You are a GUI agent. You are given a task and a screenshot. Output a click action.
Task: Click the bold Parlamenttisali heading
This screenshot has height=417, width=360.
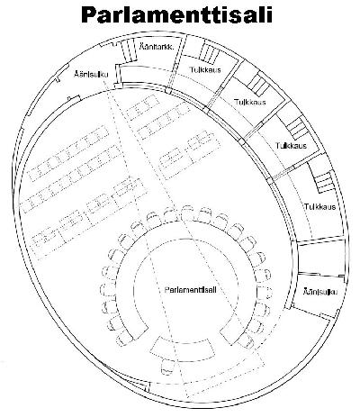(176, 14)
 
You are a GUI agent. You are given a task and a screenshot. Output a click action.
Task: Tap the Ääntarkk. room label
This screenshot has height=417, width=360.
(157, 47)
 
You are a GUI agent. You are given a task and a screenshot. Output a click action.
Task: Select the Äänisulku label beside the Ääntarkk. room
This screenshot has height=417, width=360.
(91, 74)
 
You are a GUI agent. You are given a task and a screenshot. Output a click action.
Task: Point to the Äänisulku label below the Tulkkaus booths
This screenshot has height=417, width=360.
(320, 292)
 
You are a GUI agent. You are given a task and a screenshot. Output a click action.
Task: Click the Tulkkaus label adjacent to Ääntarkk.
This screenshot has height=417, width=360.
(205, 69)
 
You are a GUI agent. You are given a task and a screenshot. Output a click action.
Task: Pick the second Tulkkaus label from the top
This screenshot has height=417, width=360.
(250, 102)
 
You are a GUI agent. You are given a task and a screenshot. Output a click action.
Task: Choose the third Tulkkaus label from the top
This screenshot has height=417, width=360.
(291, 146)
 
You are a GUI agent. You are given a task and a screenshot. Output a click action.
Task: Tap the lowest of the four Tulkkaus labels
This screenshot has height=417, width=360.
(320, 207)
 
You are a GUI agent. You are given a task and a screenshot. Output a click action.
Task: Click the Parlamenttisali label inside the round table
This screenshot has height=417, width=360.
(190, 290)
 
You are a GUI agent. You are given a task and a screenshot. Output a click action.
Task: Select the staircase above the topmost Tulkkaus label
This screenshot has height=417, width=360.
(208, 53)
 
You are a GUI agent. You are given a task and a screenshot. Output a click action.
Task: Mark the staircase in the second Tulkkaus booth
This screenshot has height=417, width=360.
(258, 84)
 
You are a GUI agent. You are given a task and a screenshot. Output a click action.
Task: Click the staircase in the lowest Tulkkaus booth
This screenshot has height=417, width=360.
(323, 182)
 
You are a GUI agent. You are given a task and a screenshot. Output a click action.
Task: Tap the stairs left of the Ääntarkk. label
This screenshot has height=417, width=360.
(129, 50)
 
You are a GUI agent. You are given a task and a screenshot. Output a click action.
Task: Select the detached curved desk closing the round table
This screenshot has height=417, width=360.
(183, 350)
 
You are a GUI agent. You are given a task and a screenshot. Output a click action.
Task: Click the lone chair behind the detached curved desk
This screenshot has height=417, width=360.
(167, 367)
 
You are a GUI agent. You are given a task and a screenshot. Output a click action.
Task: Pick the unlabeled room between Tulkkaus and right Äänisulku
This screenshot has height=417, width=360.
(321, 256)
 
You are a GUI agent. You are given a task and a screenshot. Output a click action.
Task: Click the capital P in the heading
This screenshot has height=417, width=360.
(88, 15)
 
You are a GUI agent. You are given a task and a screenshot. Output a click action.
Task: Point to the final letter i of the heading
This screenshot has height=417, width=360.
(269, 14)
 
